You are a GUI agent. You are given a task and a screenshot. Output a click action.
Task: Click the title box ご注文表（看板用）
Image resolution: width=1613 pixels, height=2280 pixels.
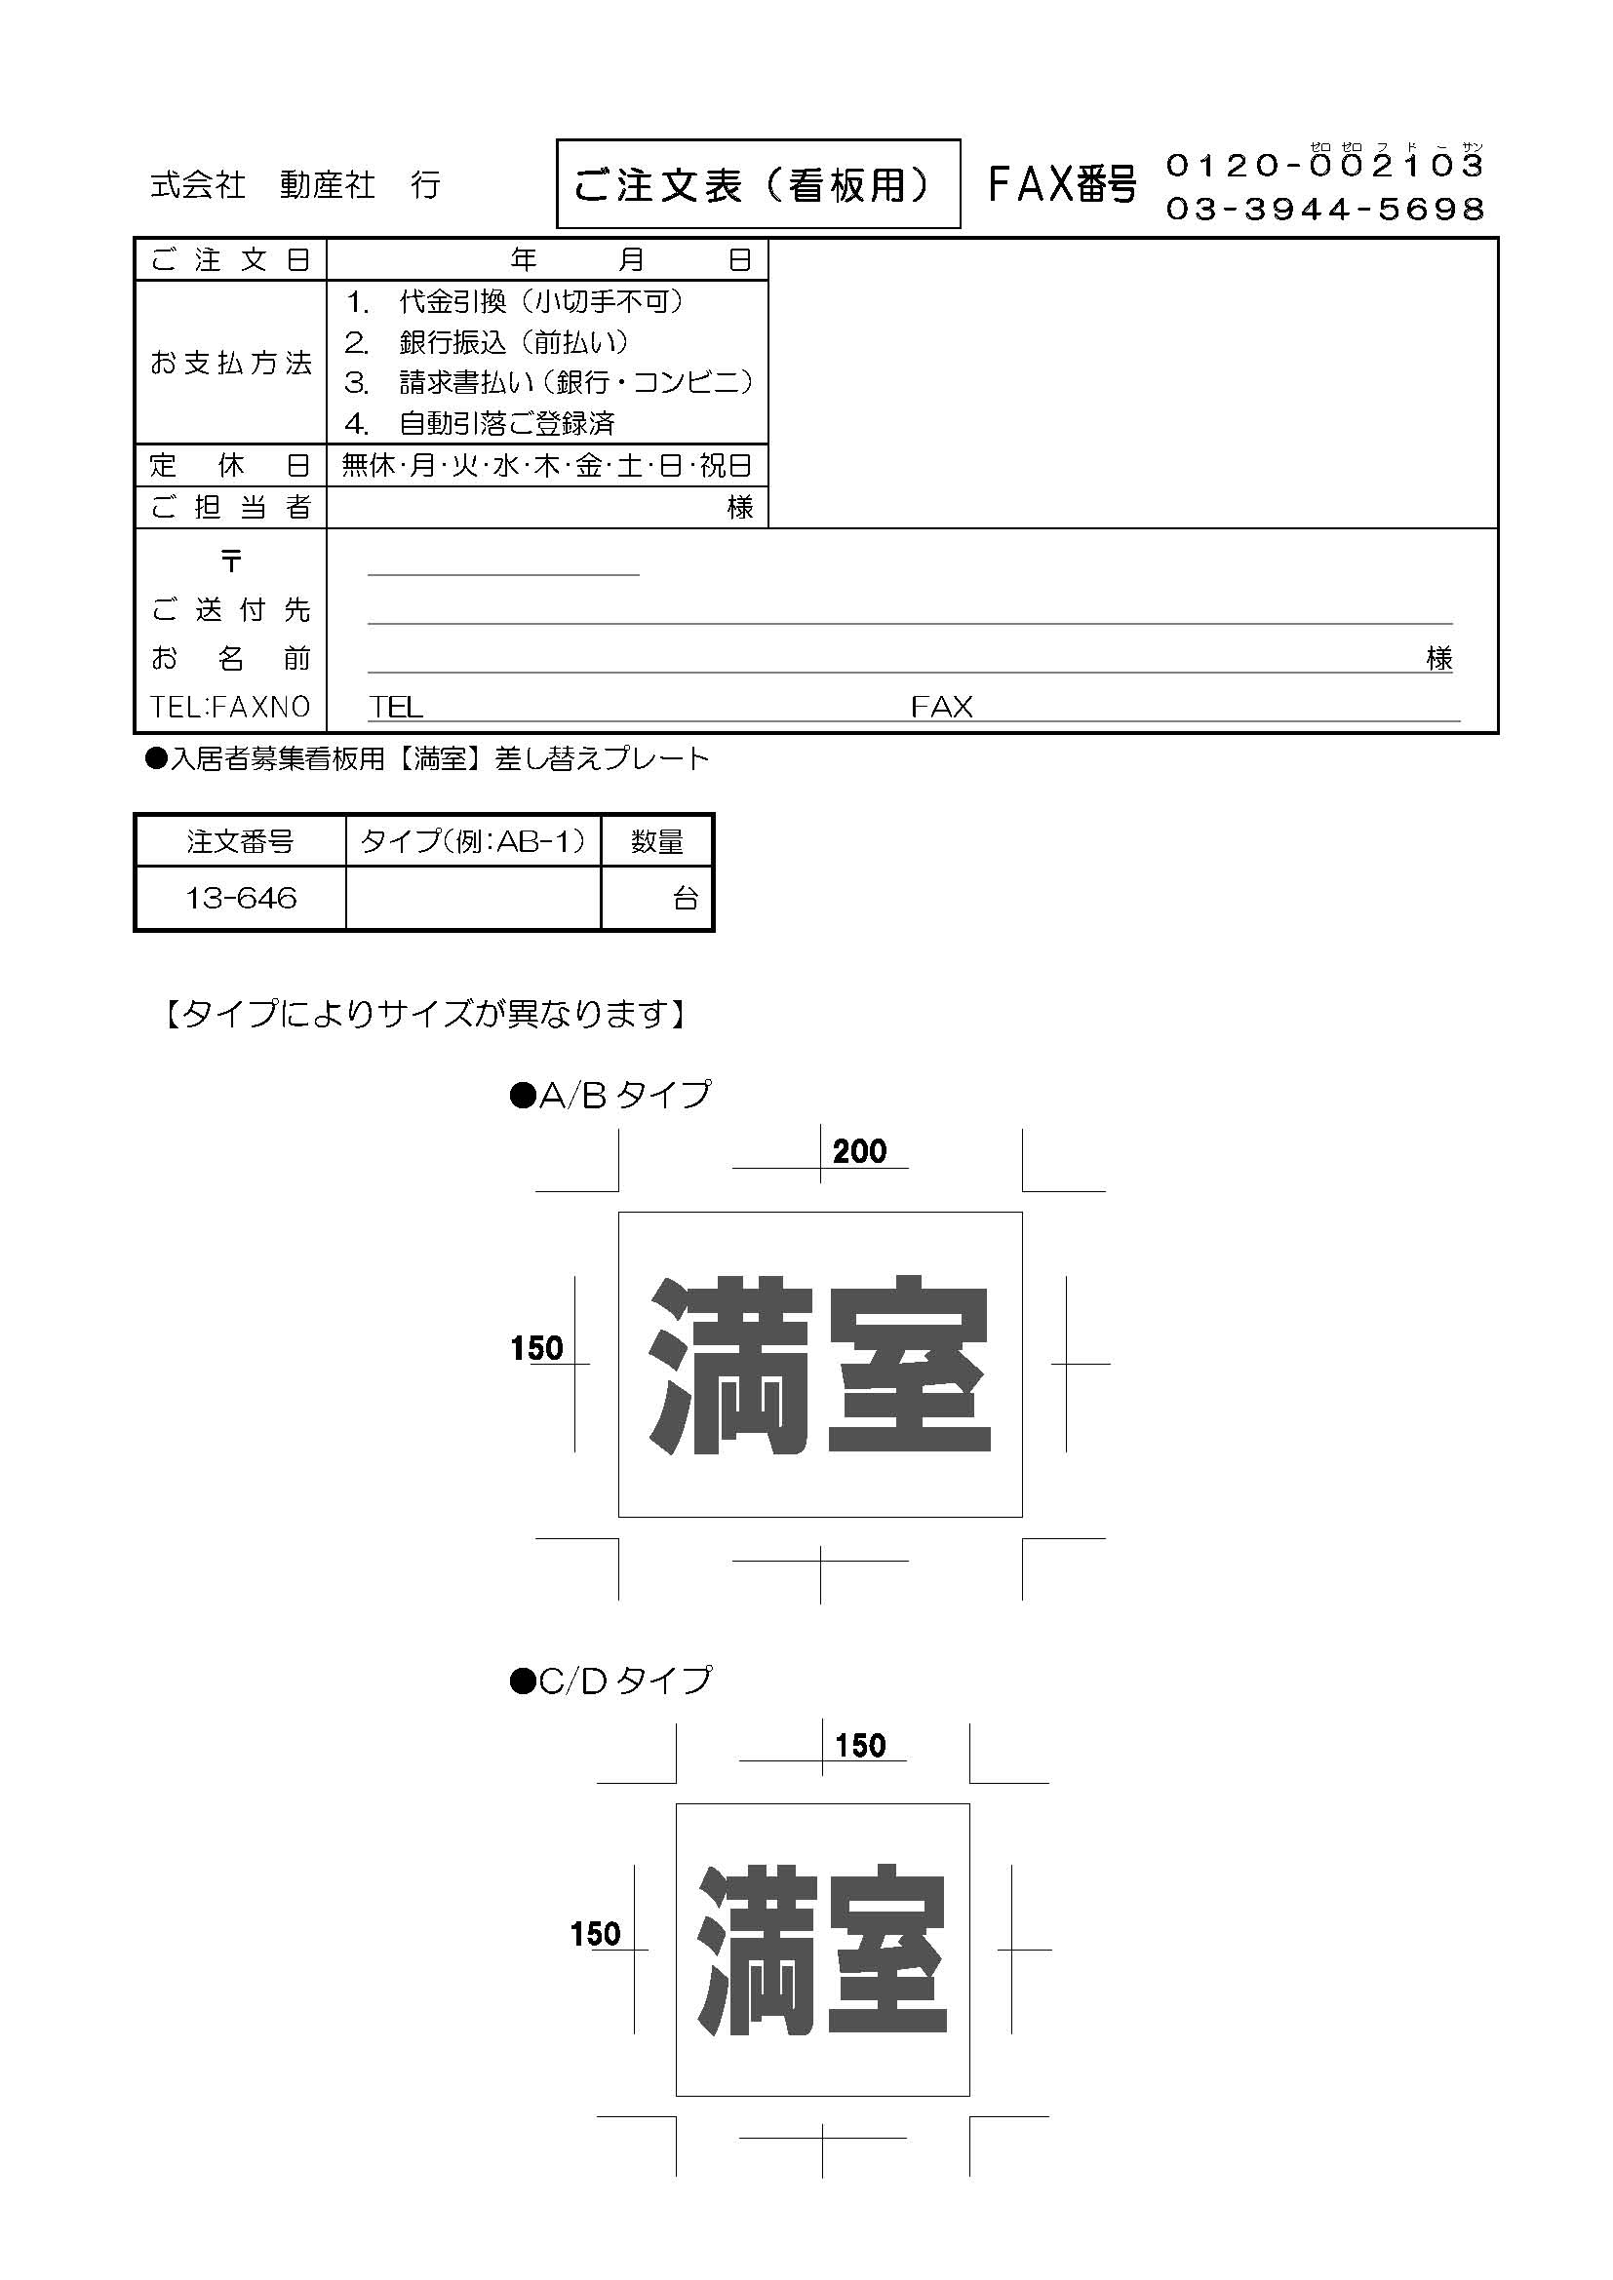[757, 183]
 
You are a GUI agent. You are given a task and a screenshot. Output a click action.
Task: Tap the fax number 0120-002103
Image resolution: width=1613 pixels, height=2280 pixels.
[1324, 165]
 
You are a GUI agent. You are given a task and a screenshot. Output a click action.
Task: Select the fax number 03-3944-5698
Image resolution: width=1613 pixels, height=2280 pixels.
[1324, 209]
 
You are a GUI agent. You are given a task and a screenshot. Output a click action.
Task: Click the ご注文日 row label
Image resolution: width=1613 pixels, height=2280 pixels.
[230, 260]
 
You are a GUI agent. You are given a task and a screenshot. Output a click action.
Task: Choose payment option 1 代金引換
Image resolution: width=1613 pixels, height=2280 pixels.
[514, 301]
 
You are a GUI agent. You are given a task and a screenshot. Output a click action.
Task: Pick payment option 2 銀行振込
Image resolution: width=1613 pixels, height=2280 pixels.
[487, 342]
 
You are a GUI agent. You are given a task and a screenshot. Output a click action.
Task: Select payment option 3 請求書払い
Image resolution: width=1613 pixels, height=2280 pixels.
[548, 382]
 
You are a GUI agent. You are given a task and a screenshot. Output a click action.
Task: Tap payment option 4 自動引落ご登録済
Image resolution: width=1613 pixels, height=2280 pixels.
[481, 424]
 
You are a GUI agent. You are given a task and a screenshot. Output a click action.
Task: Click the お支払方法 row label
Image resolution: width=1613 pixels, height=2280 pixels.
[230, 363]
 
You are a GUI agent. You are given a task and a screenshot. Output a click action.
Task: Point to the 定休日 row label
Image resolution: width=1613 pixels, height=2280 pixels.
[230, 466]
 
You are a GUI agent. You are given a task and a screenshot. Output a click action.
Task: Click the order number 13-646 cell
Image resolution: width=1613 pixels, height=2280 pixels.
[240, 898]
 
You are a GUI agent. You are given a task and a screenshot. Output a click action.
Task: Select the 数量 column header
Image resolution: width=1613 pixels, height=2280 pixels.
[656, 842]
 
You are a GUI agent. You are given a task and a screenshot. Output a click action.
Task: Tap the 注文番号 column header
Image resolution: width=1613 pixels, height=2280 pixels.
[240, 842]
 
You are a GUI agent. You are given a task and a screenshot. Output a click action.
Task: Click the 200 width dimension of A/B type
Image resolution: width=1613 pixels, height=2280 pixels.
[859, 1152]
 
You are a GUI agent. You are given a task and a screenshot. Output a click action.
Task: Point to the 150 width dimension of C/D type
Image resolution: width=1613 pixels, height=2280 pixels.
[859, 1746]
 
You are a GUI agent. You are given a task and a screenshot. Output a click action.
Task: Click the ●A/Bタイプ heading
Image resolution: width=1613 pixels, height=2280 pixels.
[610, 1095]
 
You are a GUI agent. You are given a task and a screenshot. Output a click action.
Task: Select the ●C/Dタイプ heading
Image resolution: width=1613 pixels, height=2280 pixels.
[610, 1681]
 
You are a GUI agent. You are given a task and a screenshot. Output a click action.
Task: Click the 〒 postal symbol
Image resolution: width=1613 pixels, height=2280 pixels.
[230, 561]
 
